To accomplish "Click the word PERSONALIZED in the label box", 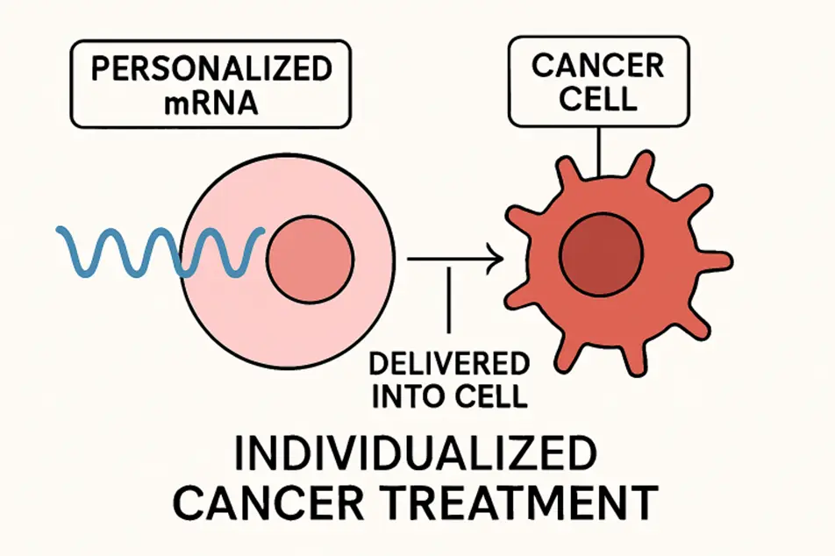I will (x=211, y=69).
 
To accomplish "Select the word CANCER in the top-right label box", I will (x=596, y=66).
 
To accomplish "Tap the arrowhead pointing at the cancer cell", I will (x=496, y=258).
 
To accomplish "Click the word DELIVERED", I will (x=449, y=364).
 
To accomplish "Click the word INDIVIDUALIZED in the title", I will (x=417, y=458).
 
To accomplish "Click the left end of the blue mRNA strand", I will (x=60, y=232).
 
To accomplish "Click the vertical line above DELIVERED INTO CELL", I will (x=449, y=303).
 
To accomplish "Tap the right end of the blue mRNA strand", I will (x=261, y=232).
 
